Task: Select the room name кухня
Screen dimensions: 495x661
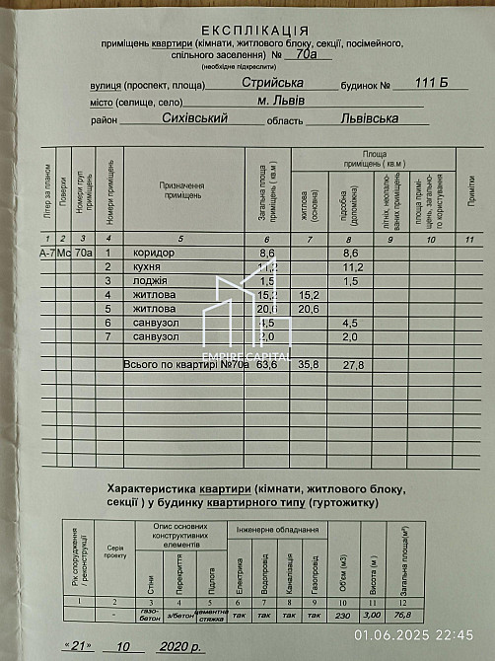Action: (148, 267)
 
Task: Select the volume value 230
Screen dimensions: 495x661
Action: (342, 616)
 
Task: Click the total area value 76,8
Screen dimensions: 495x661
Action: (403, 616)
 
